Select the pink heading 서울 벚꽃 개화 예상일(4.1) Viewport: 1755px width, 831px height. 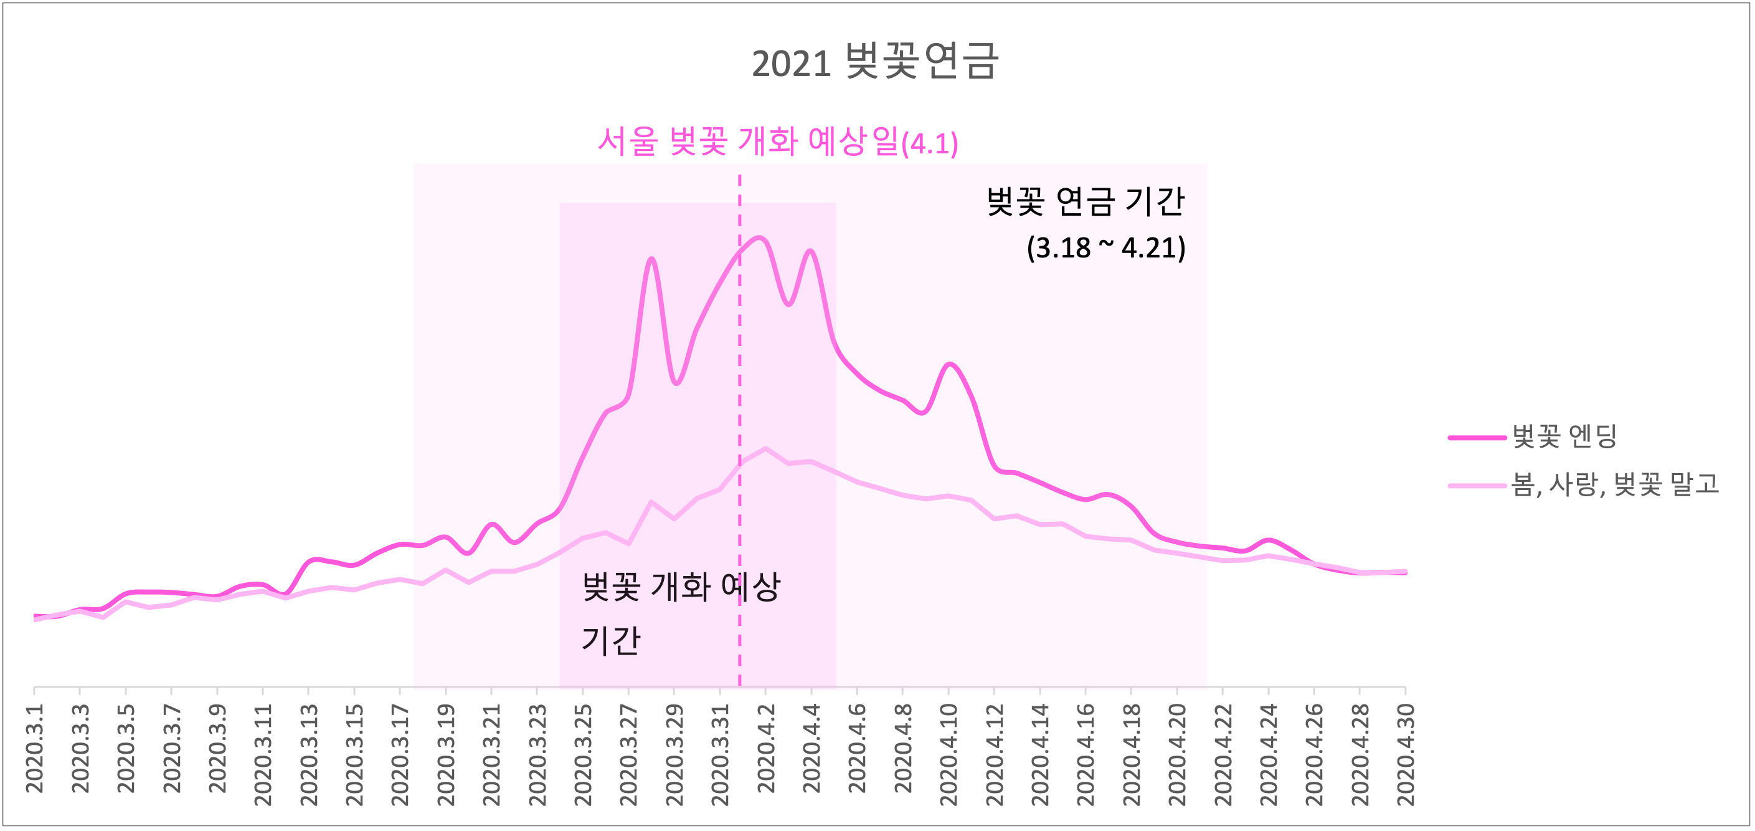777,142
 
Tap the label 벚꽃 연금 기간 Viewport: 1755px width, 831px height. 1086,201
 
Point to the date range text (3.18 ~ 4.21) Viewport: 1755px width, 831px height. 1105,247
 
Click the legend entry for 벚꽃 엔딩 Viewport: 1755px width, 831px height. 1564,436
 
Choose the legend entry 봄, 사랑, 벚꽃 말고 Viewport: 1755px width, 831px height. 1615,484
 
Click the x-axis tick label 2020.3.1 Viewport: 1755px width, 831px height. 35,749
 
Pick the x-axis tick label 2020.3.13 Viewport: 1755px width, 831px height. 309,755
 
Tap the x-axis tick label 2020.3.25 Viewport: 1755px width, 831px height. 583,755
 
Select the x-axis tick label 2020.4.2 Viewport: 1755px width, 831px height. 766,749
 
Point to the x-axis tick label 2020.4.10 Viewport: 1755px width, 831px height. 948,755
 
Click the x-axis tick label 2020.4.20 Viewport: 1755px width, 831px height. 1177,755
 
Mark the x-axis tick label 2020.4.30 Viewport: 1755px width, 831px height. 1406,755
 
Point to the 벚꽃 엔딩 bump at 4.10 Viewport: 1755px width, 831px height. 950,364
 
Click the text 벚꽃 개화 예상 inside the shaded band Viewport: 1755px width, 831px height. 681,586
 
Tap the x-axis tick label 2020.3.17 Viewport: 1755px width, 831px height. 400,755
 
